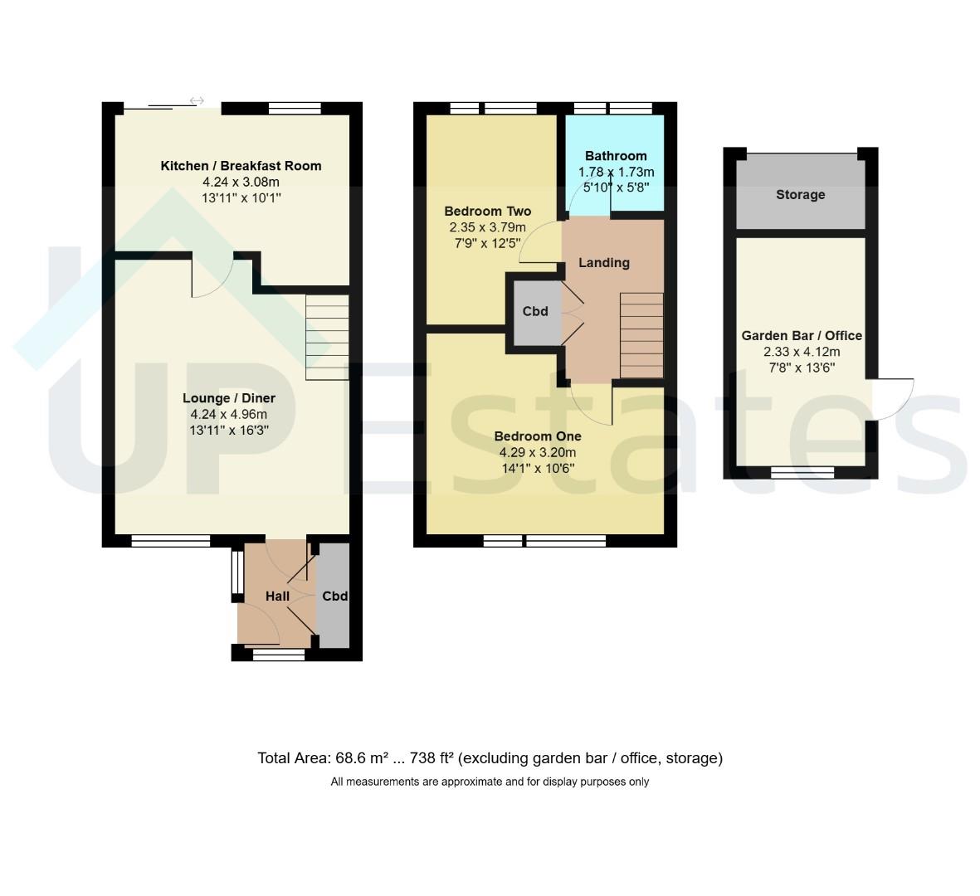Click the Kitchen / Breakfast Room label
[241, 166]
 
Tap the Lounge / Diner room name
[229, 398]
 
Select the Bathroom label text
[616, 156]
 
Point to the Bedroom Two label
[487, 211]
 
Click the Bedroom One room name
[538, 436]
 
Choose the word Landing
[604, 262]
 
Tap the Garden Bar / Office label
[802, 335]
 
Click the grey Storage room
[801, 194]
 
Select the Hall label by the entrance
[277, 596]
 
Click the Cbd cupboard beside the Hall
[333, 596]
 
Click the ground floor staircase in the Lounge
[327, 338]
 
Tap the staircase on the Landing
[641, 335]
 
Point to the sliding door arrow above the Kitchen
[197, 100]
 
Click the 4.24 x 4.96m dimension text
[229, 414]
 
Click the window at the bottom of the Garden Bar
[802, 472]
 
